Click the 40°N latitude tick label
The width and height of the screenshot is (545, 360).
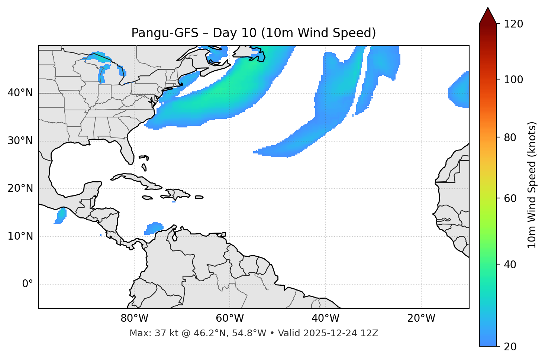point(20,93)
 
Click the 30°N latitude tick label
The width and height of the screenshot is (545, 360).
point(20,141)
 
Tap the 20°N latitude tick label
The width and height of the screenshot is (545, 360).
point(20,189)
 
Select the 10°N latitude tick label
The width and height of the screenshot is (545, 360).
point(20,236)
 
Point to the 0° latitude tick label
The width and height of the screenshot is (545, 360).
point(28,284)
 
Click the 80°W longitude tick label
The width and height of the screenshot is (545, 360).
point(134,318)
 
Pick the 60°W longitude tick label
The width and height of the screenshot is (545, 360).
point(230,318)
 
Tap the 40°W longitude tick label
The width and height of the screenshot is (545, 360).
point(325,318)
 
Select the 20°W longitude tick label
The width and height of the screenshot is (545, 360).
point(421,318)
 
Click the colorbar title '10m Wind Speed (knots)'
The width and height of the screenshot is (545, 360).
point(532,185)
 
